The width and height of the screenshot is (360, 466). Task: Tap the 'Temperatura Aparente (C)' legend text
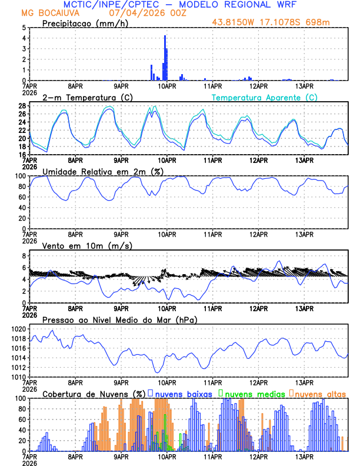point(265,97)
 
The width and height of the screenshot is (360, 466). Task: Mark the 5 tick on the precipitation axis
point(24,28)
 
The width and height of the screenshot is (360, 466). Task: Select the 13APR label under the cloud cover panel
point(304,456)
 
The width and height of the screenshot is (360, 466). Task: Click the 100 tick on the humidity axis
point(21,176)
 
